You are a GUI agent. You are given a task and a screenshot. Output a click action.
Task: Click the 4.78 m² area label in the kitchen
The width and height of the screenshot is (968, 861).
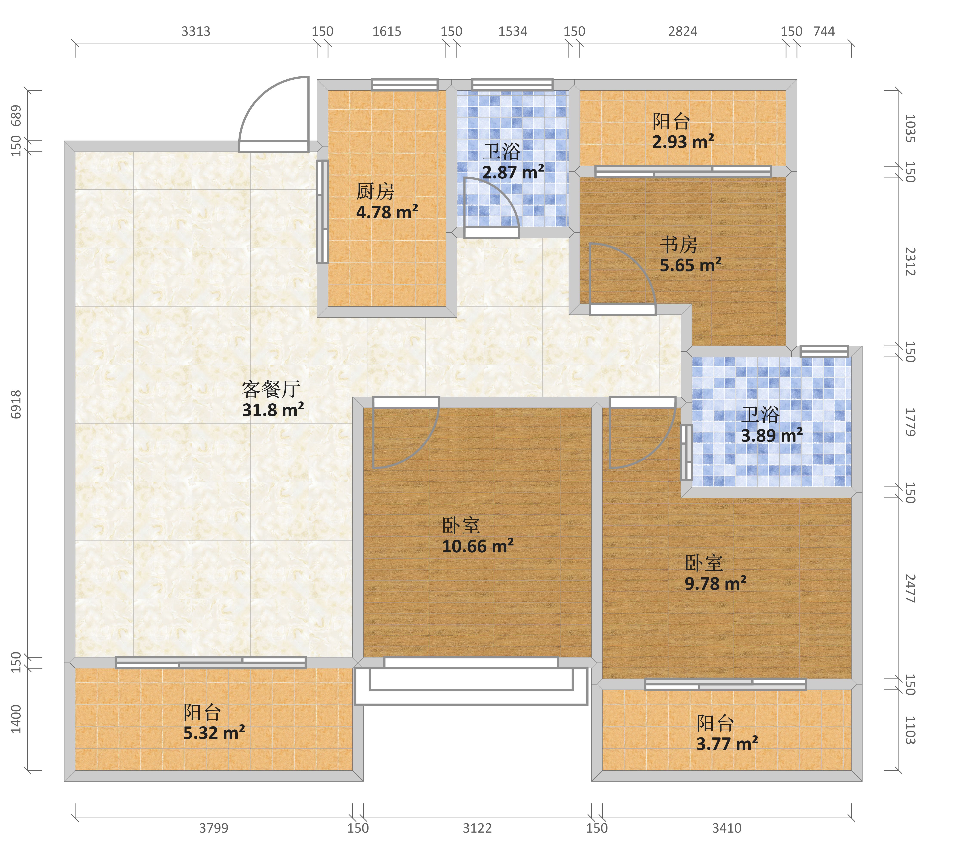click(387, 212)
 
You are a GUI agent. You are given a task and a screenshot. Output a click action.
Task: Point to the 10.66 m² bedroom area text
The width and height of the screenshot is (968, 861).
click(478, 546)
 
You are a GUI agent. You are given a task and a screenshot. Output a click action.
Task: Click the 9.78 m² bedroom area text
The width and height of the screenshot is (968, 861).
click(716, 583)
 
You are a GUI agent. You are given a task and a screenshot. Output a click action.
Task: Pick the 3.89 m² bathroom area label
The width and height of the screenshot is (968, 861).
click(772, 435)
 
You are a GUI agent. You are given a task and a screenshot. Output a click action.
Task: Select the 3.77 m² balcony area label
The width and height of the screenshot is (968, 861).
click(727, 743)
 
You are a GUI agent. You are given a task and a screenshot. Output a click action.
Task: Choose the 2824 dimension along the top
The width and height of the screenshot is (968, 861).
click(683, 31)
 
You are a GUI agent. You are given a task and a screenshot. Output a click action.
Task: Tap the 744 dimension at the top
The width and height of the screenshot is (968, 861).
click(824, 31)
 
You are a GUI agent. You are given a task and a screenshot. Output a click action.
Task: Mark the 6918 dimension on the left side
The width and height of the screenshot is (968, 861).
click(16, 404)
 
